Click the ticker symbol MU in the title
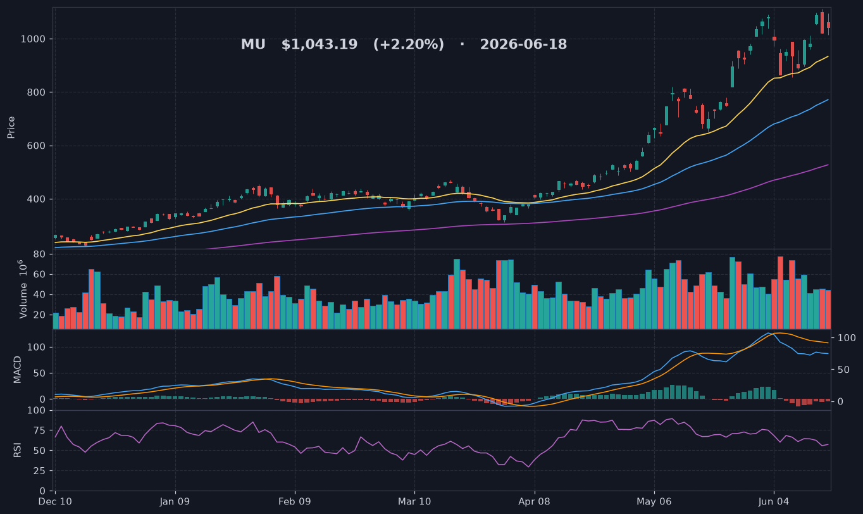point(253,44)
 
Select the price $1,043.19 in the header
point(320,44)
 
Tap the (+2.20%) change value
point(408,44)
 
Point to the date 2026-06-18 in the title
point(523,44)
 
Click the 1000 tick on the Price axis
point(33,39)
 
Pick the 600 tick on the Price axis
point(36,146)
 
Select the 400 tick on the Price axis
point(36,199)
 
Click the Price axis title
point(11,127)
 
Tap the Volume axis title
point(23,289)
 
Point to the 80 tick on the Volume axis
point(39,254)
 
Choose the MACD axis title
point(17,370)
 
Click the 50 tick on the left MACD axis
point(39,373)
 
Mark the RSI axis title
point(17,450)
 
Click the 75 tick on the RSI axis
point(39,430)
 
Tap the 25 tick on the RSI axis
point(39,471)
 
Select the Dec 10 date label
point(55,502)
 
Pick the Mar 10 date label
point(414,502)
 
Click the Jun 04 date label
point(774,502)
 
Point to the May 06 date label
point(654,502)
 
